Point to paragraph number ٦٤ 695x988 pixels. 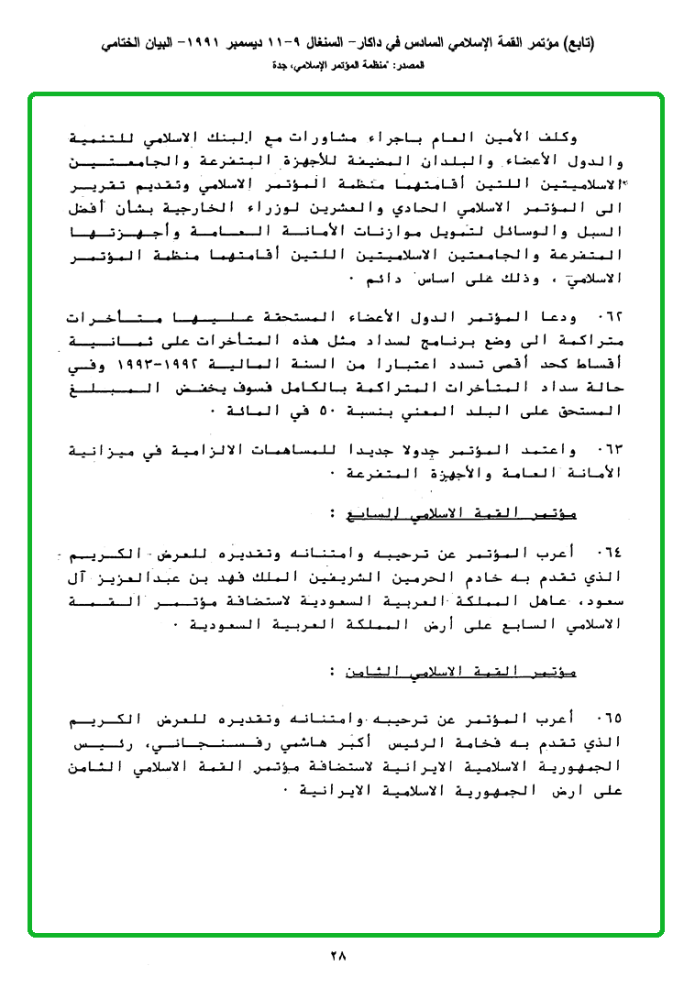(x=609, y=554)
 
